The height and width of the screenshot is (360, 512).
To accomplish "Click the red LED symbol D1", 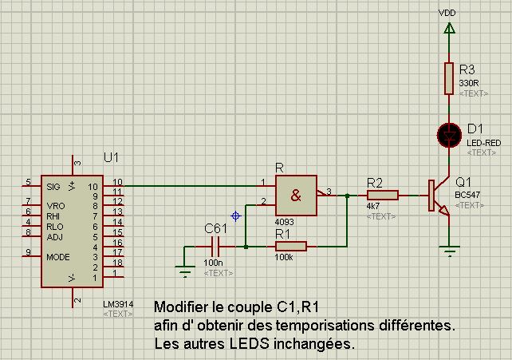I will [x=449, y=135].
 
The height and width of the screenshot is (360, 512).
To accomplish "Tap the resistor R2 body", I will [x=382, y=195].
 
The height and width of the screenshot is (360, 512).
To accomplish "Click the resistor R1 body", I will [x=291, y=246].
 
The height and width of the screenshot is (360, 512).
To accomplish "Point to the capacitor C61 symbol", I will [x=215, y=247].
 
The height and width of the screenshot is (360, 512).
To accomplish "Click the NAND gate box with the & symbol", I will [x=296, y=194].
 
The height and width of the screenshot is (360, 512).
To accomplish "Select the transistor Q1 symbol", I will [x=437, y=196].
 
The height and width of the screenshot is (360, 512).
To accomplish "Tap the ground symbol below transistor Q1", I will [x=450, y=253].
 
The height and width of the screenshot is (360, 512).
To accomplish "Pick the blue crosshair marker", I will [x=235, y=216].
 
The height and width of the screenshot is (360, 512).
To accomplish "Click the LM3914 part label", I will [x=117, y=304].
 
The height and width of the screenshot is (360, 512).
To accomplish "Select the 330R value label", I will [x=468, y=83].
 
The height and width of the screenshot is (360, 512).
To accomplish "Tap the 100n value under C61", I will [x=213, y=263].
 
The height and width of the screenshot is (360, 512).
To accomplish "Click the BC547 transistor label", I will [x=468, y=194].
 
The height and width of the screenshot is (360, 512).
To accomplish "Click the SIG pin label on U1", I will [x=53, y=187].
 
